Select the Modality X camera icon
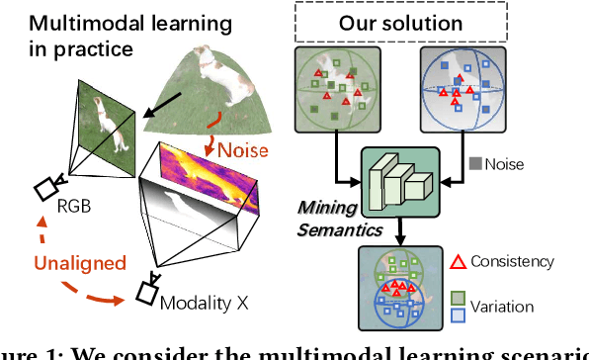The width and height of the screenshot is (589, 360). pyautogui.click(x=148, y=290)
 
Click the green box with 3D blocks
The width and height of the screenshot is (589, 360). pyautogui.click(x=400, y=184)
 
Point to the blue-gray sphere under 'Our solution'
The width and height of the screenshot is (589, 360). pyautogui.click(x=463, y=92)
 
